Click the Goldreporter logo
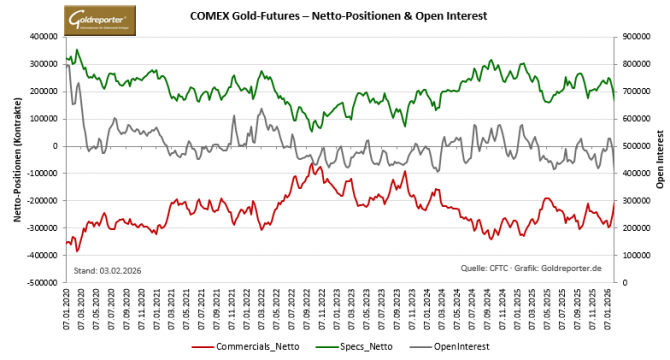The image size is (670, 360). [x=103, y=19]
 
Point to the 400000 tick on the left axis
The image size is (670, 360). [x=43, y=37]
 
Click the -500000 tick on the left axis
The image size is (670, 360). [x=41, y=283]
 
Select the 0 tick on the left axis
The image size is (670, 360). [x=56, y=146]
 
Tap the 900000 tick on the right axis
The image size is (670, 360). [x=635, y=37]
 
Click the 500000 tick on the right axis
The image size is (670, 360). [x=635, y=146]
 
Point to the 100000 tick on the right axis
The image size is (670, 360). [x=635, y=256]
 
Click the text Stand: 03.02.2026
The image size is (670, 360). [x=107, y=270]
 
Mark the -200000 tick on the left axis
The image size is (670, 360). [x=41, y=201]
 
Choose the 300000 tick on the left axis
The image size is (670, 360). [x=43, y=64]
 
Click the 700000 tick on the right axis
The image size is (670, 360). [x=635, y=92]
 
